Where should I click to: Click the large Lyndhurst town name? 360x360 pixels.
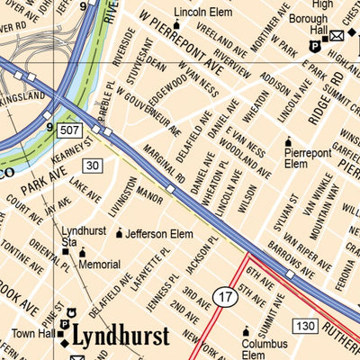(121, 337)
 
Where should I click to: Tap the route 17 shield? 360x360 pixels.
(225, 295)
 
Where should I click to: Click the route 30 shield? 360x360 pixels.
(93, 165)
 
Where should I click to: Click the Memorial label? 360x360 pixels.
(99, 264)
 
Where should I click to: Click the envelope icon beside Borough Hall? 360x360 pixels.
(336, 35)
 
